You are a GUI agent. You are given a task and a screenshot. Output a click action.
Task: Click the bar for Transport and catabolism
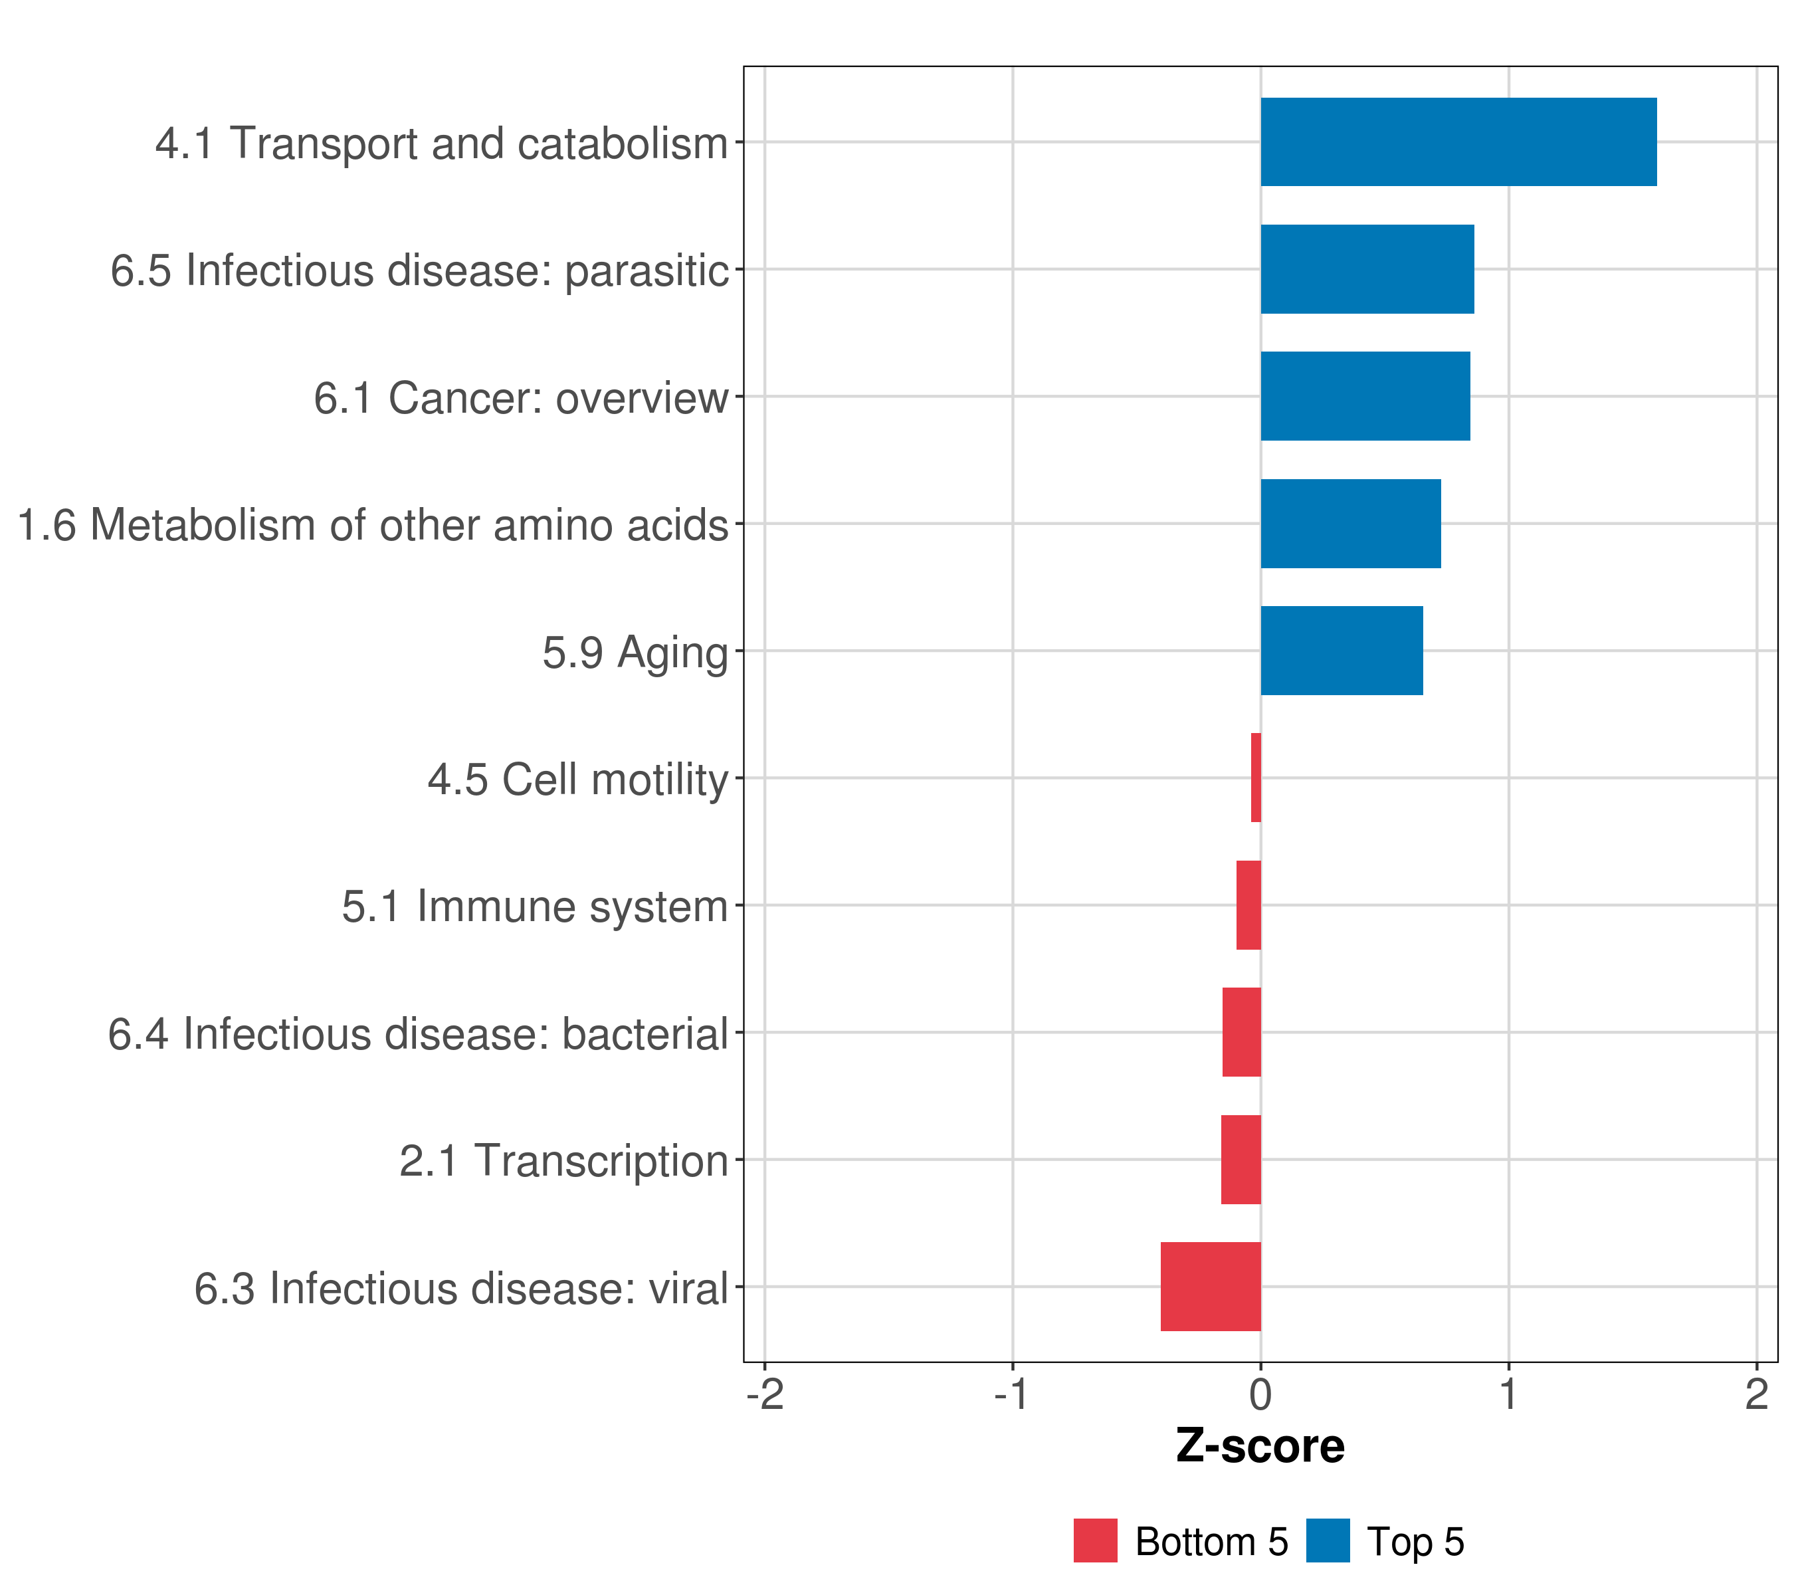pos(1458,142)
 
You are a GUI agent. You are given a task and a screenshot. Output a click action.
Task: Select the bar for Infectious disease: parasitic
pos(1367,270)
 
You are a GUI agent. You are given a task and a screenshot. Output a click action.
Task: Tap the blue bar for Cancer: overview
pos(1365,397)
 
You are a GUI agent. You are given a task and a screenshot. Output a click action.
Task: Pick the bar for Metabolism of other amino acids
pos(1350,524)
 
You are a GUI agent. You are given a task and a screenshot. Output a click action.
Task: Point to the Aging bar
pos(1341,651)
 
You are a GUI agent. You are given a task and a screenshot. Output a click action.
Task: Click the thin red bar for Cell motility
pos(1256,778)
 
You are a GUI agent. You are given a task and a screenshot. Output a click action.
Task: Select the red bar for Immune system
pos(1249,905)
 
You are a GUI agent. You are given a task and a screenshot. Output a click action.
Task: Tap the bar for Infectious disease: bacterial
pos(1242,1032)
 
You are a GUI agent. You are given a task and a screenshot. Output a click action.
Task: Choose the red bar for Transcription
pos(1241,1160)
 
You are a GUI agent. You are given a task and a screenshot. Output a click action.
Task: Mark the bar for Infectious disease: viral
pos(1211,1287)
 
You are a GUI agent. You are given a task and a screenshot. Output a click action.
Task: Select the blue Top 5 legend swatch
pos(1327,1541)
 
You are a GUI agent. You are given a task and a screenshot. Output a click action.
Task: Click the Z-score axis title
pos(1260,1447)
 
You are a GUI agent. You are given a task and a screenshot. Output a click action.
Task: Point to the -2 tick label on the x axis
pos(765,1395)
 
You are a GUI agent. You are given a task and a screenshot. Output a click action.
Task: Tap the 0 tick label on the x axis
pos(1260,1395)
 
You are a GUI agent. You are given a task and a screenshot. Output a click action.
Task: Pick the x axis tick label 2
pos(1756,1395)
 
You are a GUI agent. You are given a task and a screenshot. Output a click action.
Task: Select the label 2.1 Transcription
pos(563,1161)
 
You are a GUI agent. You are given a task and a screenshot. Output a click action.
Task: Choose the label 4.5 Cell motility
pos(577,780)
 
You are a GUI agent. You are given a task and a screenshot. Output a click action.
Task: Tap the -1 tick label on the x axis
pos(1012,1395)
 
